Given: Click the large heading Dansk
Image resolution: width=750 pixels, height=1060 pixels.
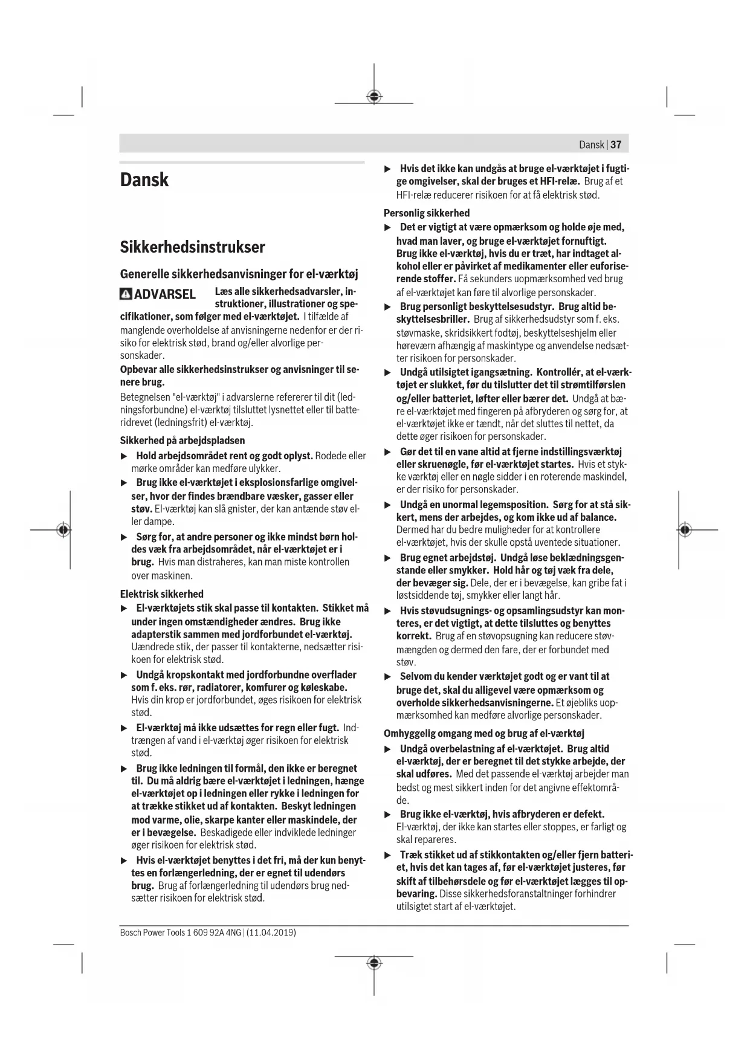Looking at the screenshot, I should pyautogui.click(x=144, y=180).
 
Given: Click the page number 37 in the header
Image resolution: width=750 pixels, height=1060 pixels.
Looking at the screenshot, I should pyautogui.click(x=616, y=144).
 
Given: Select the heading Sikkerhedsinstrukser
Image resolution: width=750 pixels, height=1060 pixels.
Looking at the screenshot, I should pyautogui.click(x=192, y=247).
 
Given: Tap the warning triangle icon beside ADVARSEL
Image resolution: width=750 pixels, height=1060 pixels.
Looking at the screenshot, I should pyautogui.click(x=126, y=294).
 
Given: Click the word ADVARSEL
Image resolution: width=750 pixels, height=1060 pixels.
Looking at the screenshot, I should pyautogui.click(x=164, y=294).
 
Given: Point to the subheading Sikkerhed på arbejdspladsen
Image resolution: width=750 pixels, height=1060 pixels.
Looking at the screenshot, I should pyautogui.click(x=182, y=440).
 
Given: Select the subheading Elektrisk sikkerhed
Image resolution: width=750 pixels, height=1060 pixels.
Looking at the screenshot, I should pyautogui.click(x=161, y=593).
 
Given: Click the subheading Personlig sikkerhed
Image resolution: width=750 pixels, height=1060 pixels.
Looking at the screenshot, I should pyautogui.click(x=426, y=213).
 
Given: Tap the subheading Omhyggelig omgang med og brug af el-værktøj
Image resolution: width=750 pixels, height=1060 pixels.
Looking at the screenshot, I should pyautogui.click(x=483, y=733).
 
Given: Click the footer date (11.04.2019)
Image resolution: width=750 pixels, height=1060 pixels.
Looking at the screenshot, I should pyautogui.click(x=271, y=932).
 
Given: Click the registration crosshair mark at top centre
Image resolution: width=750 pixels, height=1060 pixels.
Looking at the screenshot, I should pyautogui.click(x=374, y=96).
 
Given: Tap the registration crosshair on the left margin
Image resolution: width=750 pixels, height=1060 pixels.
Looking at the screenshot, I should pyautogui.click(x=63, y=530).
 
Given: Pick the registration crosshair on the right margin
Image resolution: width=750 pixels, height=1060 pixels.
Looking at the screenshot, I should pyautogui.click(x=684, y=530).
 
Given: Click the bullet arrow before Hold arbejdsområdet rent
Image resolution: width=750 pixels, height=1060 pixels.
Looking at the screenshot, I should pyautogui.click(x=124, y=456).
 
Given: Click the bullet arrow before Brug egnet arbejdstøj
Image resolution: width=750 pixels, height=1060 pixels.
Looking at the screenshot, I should pyautogui.click(x=389, y=558).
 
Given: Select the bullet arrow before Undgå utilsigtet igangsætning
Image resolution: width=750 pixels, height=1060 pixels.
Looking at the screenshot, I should pyautogui.click(x=389, y=372).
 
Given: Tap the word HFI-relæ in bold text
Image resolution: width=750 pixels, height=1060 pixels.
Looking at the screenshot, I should pyautogui.click(x=559, y=181).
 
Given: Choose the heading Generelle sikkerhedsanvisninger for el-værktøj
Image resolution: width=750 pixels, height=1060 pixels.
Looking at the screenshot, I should pyautogui.click(x=239, y=274).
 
